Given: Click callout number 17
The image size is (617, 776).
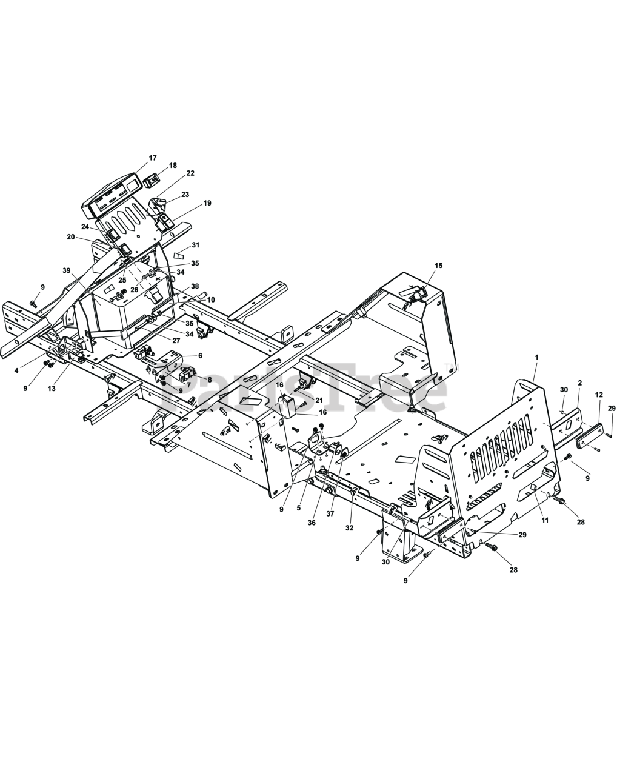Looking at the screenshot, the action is pyautogui.click(x=153, y=158).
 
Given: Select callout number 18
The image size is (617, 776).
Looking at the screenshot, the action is pyautogui.click(x=173, y=166).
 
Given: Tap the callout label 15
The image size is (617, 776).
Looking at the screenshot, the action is pyautogui.click(x=438, y=266).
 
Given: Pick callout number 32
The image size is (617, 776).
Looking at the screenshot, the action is pyautogui.click(x=349, y=528).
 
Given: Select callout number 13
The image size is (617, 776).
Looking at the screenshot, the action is pyautogui.click(x=52, y=389).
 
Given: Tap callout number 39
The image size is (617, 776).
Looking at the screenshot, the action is pyautogui.click(x=66, y=270).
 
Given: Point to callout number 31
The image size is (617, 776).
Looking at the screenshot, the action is pyautogui.click(x=195, y=245).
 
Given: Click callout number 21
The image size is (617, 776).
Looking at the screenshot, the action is pyautogui.click(x=319, y=401).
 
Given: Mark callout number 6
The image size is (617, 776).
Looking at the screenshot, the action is pyautogui.click(x=199, y=356).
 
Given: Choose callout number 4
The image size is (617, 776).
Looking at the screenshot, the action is pyautogui.click(x=16, y=370).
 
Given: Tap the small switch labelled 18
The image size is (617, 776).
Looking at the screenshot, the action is pyautogui.click(x=152, y=181).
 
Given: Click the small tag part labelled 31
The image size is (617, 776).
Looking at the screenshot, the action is pyautogui.click(x=179, y=255).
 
